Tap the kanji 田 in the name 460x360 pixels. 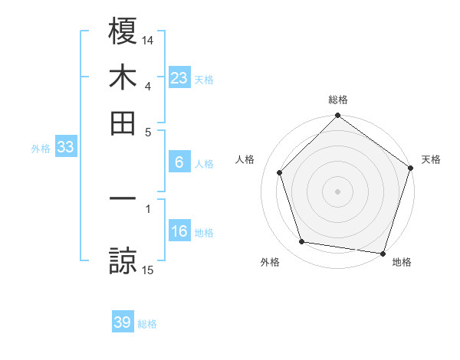coord(123,123)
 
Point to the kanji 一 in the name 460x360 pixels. coord(123,199)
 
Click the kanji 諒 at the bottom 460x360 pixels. coord(123,260)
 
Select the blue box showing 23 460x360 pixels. coord(179,78)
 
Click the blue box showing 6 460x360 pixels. coord(179,162)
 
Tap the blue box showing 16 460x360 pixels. coord(179,232)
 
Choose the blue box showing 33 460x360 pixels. coord(65,148)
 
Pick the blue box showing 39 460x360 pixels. coord(123,322)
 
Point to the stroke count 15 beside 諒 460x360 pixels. coord(148,270)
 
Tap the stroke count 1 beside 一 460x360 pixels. coord(148,208)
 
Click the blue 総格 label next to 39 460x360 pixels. coord(147,324)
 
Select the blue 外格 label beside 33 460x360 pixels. coord(40,149)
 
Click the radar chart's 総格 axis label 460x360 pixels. coord(338,100)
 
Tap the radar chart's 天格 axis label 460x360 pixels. coord(431,159)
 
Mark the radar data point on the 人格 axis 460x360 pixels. coord(280,172)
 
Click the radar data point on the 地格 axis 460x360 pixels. coord(383,252)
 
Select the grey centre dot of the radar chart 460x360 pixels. coord(338,191)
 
